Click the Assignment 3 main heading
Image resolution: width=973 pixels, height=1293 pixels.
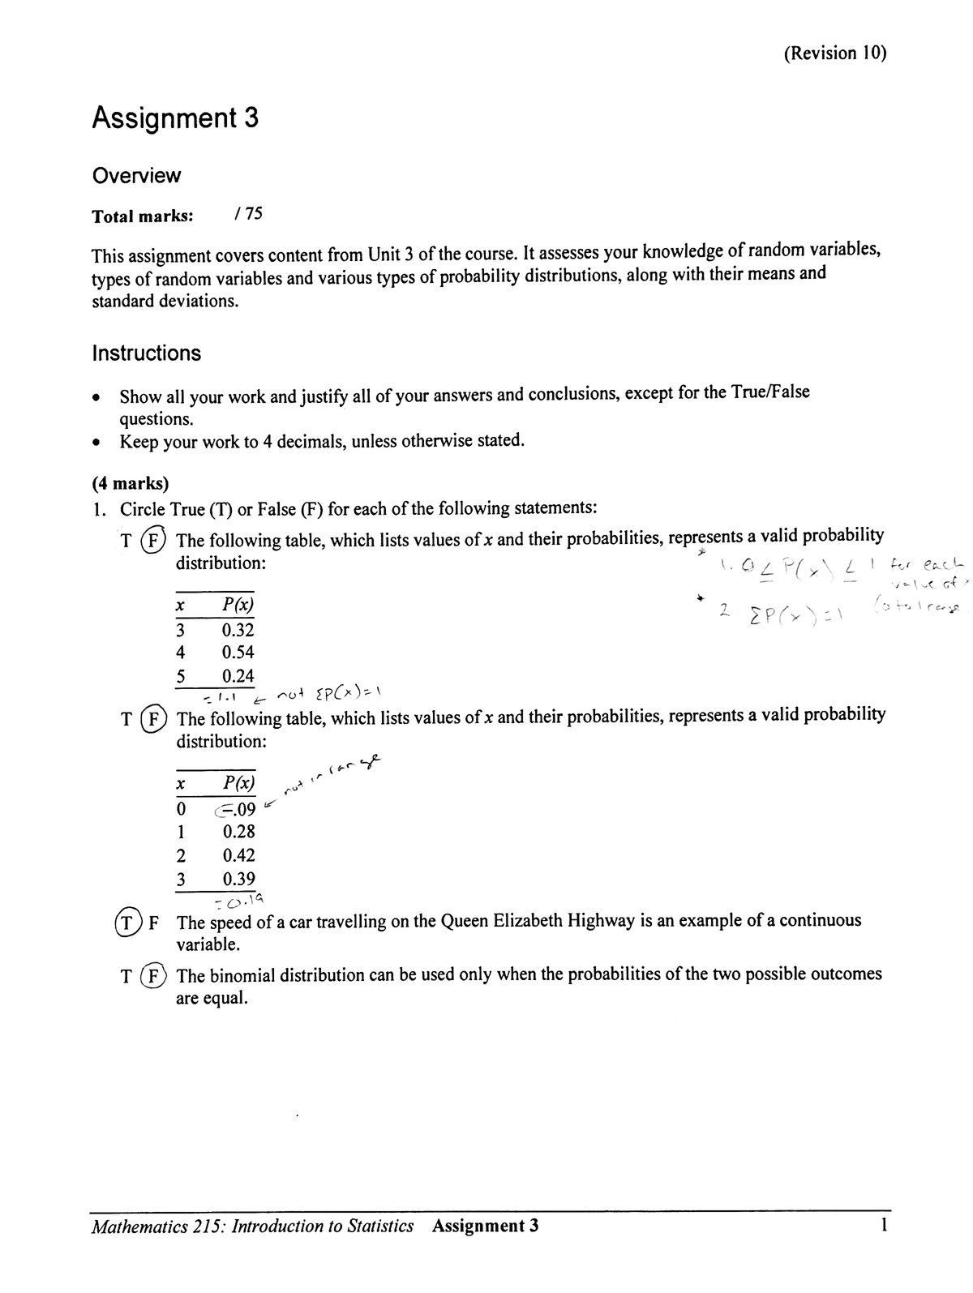(175, 118)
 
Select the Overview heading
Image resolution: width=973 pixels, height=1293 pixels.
(136, 175)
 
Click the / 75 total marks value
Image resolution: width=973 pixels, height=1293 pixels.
(247, 215)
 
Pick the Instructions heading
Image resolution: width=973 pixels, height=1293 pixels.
(147, 353)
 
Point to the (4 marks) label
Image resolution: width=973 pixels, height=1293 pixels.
(131, 484)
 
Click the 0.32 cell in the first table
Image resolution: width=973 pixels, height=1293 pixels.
(238, 630)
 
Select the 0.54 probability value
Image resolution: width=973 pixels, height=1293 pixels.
(238, 653)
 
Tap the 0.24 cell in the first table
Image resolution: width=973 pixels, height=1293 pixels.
(238, 676)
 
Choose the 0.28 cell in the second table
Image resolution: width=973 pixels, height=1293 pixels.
(238, 832)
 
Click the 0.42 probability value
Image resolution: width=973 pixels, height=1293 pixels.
(238, 855)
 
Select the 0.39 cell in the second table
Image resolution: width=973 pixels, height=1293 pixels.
(238, 879)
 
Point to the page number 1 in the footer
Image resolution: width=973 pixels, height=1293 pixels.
(884, 1225)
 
